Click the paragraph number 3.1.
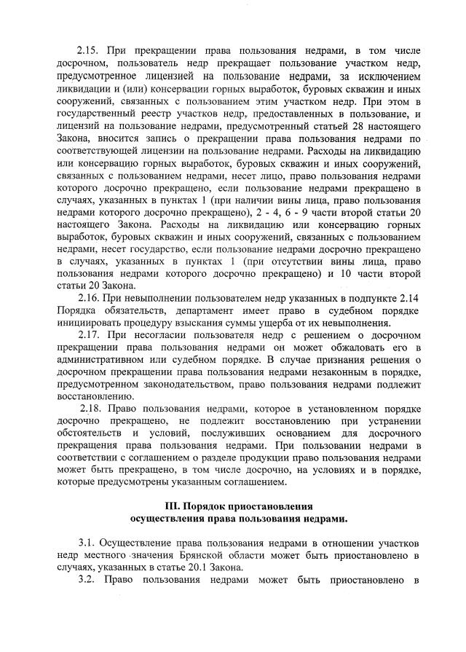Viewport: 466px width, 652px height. [x=87, y=543]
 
